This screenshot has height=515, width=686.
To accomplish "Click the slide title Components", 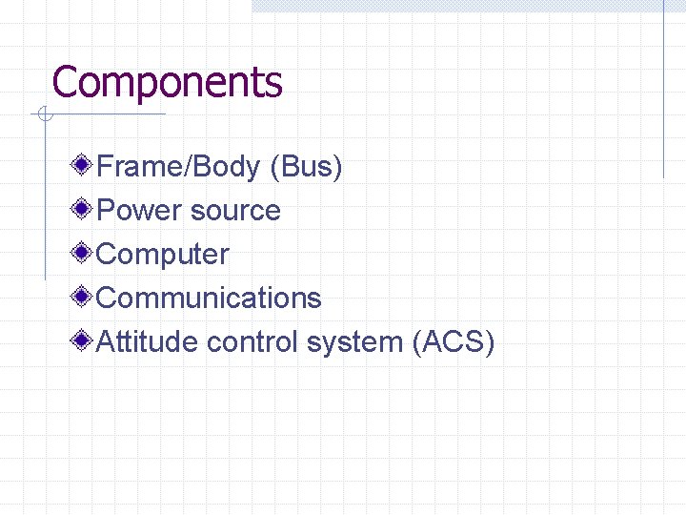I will (167, 83).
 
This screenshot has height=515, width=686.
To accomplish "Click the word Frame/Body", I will (178, 167).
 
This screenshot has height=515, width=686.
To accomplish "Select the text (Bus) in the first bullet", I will (306, 167).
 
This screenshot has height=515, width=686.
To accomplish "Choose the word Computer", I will (163, 256).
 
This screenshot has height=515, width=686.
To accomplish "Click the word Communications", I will (209, 298).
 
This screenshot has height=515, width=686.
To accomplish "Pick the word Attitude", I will (148, 341).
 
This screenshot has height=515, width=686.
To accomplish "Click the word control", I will (252, 341).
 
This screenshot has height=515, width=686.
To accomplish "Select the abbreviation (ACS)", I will (453, 341).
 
